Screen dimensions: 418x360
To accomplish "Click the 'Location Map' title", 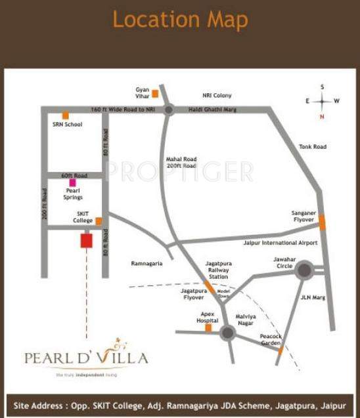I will coord(180,20).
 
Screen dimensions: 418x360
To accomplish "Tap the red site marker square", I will coord(86,241).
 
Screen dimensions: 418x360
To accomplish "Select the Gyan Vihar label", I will coord(143,92).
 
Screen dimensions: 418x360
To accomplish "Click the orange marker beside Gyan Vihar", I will coord(155,94).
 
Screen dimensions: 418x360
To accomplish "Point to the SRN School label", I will coord(67,124).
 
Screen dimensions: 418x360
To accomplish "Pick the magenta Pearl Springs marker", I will coord(72,182).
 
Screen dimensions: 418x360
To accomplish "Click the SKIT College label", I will coord(83,218).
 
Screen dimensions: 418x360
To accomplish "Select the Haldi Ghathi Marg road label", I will coord(214,110).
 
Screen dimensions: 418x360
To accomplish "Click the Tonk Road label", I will coord(312,147).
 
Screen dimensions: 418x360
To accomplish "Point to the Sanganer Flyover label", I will coord(305,216).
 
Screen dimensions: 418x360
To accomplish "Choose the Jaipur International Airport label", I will coord(281,243).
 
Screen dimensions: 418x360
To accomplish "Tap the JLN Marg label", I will coord(309,297).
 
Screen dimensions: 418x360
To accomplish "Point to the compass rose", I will coord(322,102).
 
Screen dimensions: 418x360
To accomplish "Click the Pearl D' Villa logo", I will coord(86,358).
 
